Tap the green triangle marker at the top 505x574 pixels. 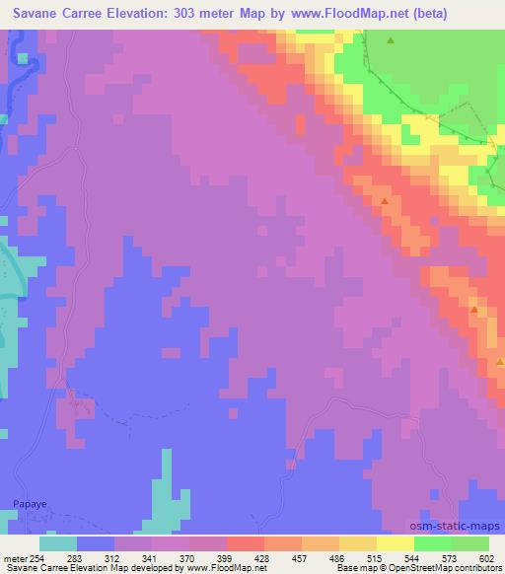click(x=391, y=41)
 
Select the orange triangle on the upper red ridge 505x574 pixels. click(x=384, y=201)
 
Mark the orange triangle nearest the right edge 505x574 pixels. click(x=474, y=311)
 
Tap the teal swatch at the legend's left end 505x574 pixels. click(x=58, y=542)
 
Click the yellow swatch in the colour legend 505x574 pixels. click(x=396, y=542)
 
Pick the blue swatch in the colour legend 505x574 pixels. click(x=96, y=542)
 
